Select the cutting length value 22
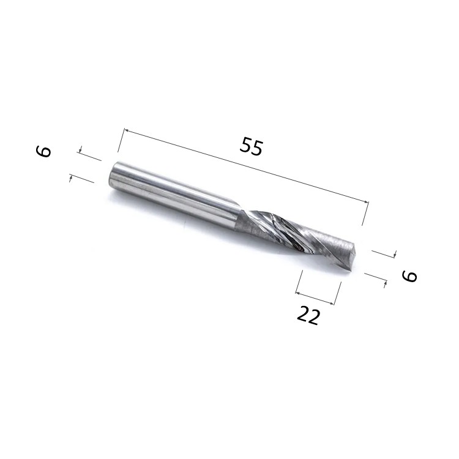click(308, 316)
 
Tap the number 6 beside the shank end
click(43, 152)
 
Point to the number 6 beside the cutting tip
click(409, 276)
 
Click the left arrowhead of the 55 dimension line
click(127, 130)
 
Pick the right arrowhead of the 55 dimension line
click(366, 201)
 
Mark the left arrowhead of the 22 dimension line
click(298, 293)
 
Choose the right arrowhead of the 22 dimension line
click(331, 304)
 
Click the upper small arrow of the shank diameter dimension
click(81, 149)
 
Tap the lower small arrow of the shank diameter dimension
click(70, 177)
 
